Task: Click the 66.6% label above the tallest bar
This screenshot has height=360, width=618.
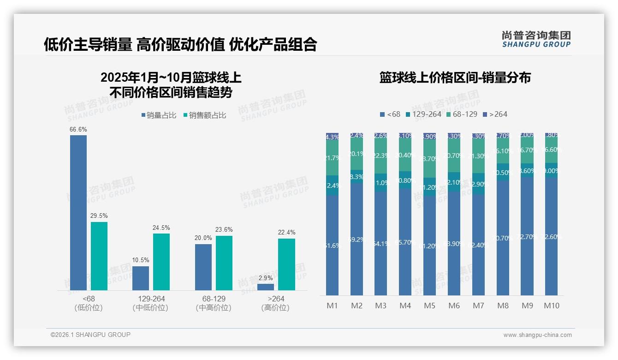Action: [x=78, y=130]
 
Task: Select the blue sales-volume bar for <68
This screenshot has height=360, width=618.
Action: [x=78, y=212]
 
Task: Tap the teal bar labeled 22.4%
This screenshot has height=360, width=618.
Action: [x=286, y=264]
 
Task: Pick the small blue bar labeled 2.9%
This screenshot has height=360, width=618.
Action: [x=265, y=287]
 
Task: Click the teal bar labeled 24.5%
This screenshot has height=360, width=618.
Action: [x=161, y=262]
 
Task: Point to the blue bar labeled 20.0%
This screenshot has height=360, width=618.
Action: [x=203, y=267]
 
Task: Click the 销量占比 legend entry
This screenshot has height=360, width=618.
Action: [x=159, y=115]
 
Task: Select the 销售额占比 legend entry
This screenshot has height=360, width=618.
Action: [x=204, y=115]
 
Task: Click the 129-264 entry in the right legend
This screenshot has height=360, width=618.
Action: [x=423, y=114]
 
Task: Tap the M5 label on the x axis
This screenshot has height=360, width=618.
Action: [x=429, y=306]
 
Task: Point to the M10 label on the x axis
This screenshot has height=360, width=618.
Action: [x=551, y=306]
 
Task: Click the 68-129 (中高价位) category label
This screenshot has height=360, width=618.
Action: [x=214, y=303]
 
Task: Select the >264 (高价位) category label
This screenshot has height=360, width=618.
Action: [x=276, y=303]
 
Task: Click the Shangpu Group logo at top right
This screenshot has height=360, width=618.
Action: [x=536, y=39]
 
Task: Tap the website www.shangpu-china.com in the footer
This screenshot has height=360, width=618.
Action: [x=537, y=335]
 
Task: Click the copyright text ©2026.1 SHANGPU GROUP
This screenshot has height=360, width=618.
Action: [x=90, y=335]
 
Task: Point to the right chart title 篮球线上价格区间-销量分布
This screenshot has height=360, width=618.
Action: [x=455, y=78]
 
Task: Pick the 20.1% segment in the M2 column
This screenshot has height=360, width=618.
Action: [x=357, y=154]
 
